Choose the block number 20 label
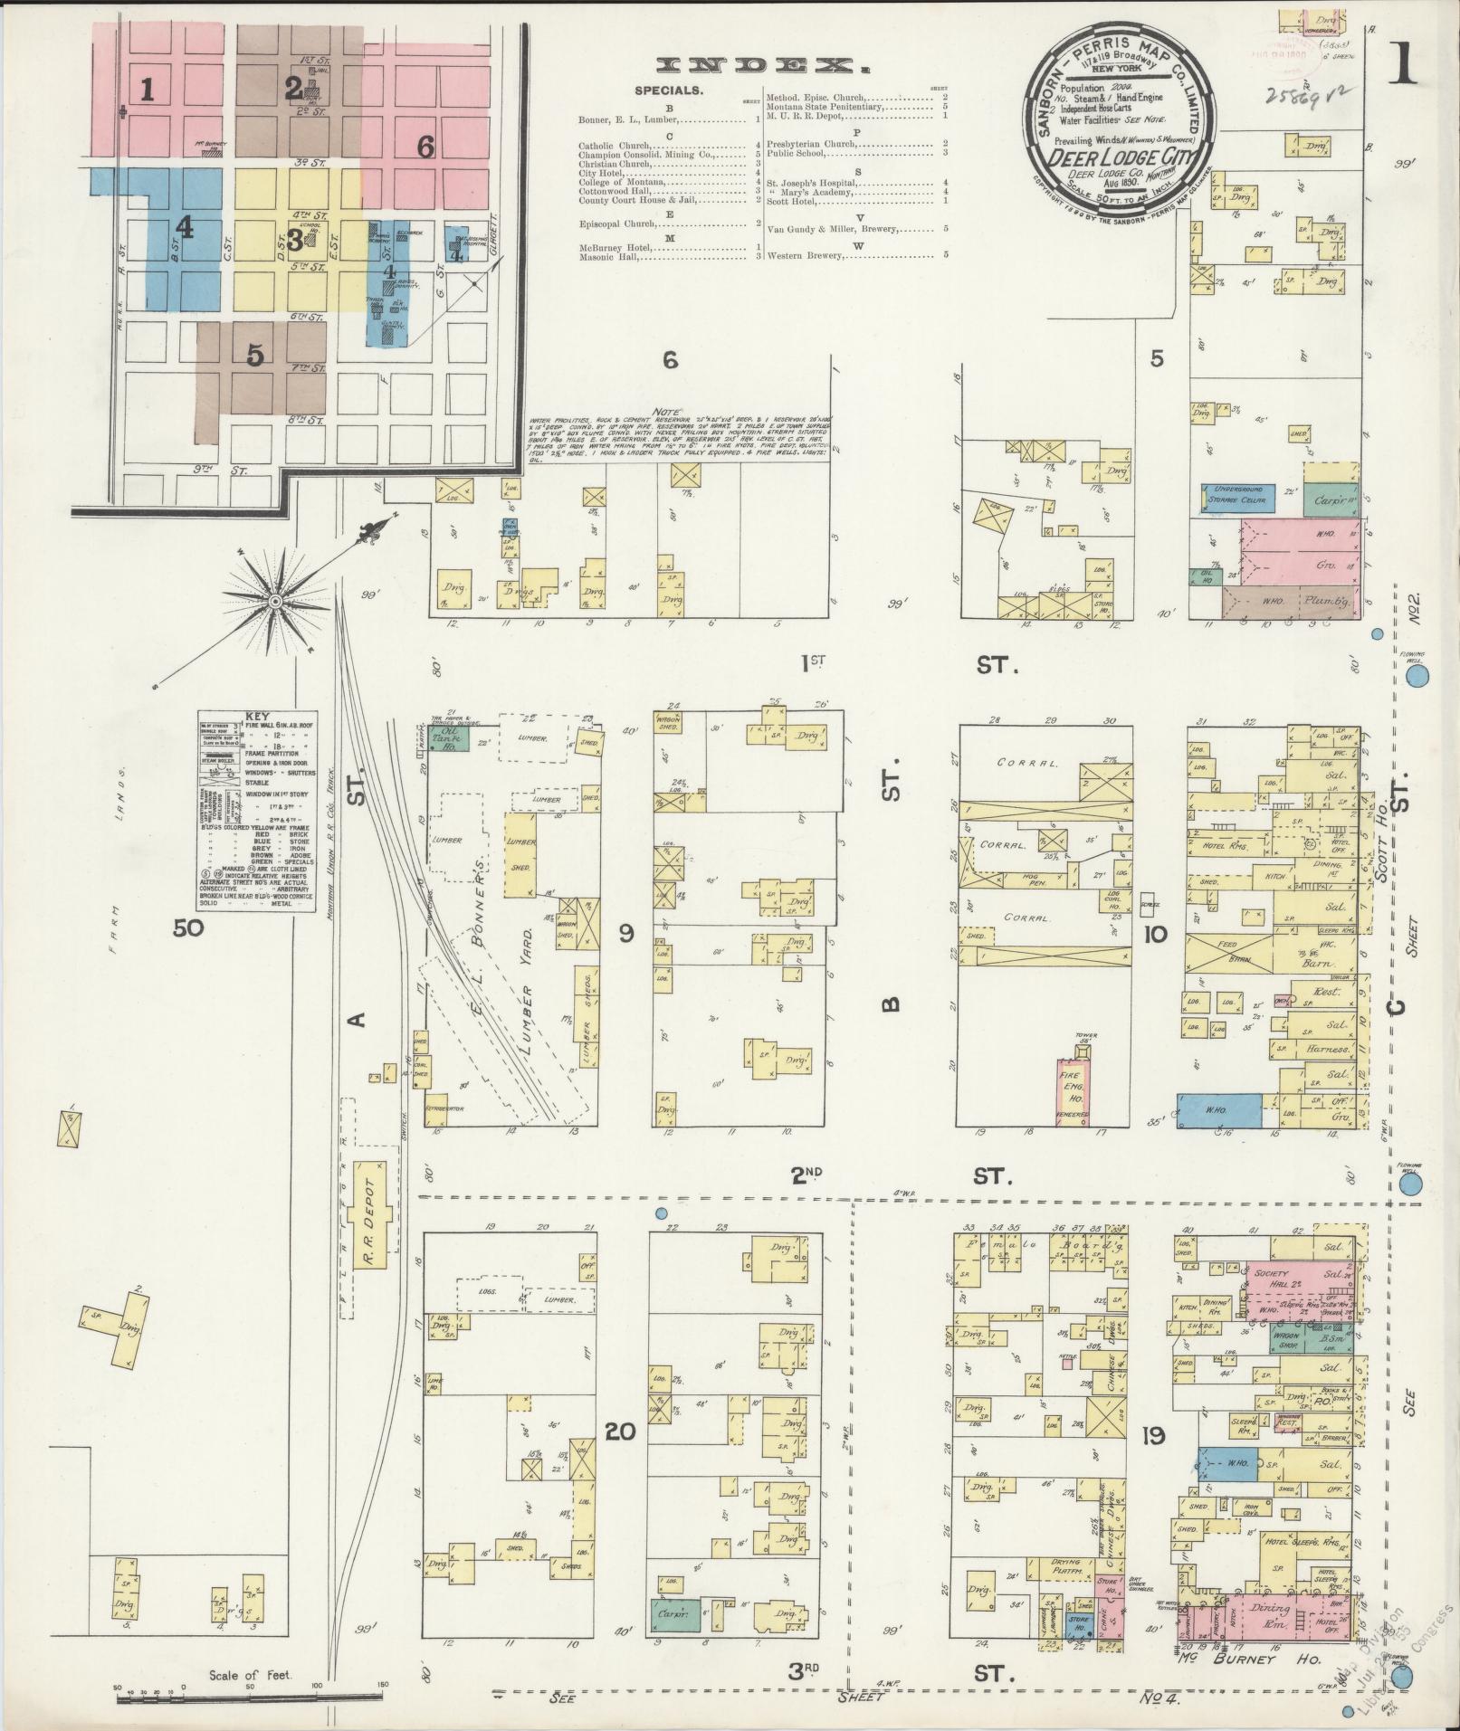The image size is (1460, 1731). [x=622, y=1457]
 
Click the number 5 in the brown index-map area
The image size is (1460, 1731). [x=256, y=356]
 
